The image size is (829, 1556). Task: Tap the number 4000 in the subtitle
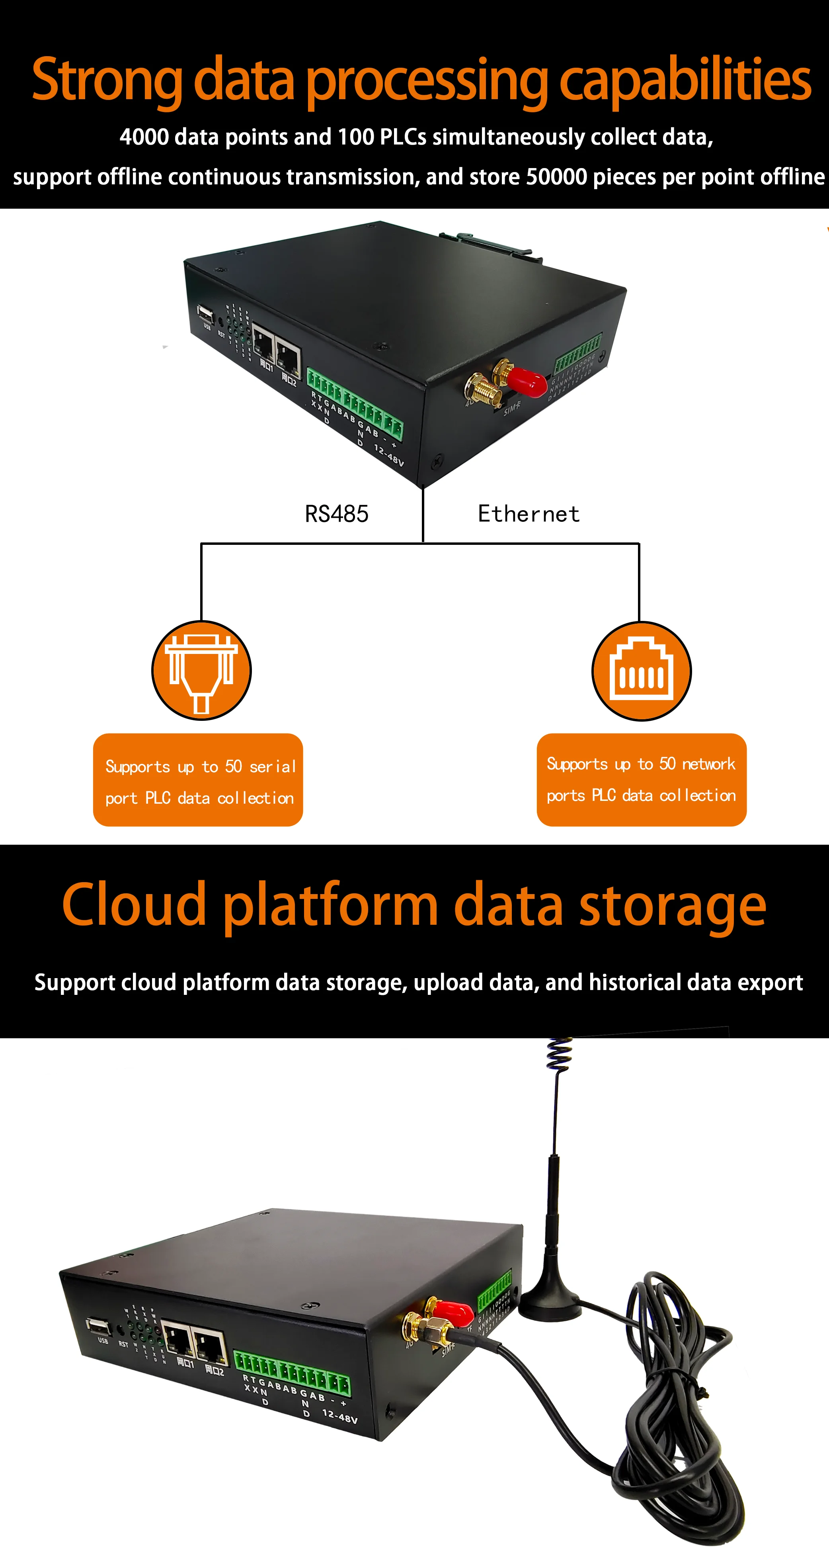(x=144, y=137)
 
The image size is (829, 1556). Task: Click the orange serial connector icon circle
(x=201, y=671)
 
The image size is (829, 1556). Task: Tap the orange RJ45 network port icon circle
(x=641, y=671)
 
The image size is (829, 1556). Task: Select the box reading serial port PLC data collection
(x=198, y=780)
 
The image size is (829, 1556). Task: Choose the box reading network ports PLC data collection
(x=641, y=780)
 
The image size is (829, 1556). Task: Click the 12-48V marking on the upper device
(x=388, y=455)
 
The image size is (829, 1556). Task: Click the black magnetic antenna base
(x=550, y=1295)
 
